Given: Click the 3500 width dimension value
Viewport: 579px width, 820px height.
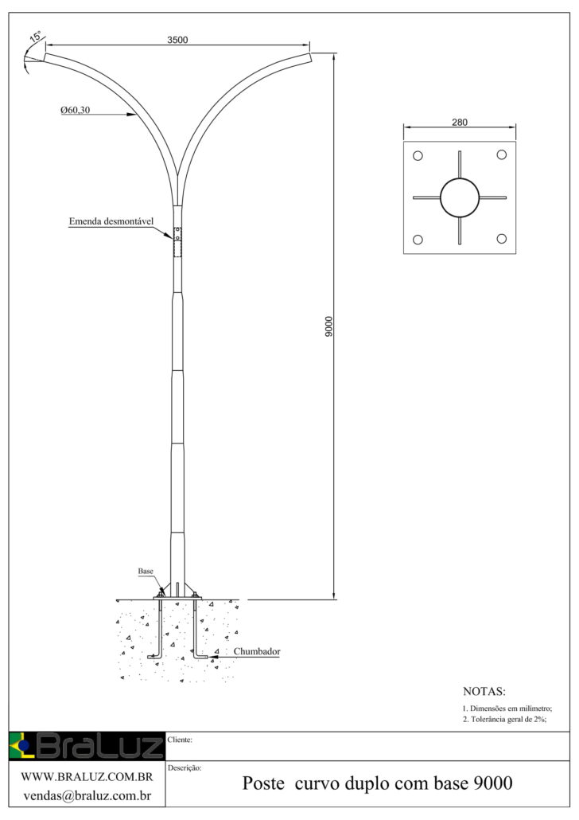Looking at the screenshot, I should click(x=177, y=40).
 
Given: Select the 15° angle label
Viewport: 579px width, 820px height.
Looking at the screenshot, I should click(x=36, y=36).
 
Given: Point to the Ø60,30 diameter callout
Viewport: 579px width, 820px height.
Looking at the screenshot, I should click(x=75, y=111).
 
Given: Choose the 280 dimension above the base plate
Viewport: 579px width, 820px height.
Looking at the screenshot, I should click(x=459, y=123).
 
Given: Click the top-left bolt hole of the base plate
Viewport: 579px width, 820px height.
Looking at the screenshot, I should click(x=418, y=155).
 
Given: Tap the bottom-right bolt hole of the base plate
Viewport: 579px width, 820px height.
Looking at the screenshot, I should click(x=501, y=239).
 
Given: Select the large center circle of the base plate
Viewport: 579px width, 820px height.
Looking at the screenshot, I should click(x=460, y=197).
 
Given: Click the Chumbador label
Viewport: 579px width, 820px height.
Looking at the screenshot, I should click(x=257, y=651).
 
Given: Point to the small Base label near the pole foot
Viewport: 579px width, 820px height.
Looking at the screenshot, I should click(x=146, y=572).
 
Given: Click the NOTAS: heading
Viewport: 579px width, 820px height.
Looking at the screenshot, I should click(x=484, y=691).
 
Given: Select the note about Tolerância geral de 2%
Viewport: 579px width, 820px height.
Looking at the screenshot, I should click(x=505, y=719).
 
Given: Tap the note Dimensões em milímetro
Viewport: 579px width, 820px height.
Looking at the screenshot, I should click(x=507, y=708).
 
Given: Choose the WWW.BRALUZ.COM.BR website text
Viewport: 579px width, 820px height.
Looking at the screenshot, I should click(x=87, y=776).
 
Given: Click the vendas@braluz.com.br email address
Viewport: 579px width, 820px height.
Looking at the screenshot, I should click(x=87, y=795).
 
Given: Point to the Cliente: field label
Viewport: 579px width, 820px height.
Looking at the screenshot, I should click(x=181, y=740).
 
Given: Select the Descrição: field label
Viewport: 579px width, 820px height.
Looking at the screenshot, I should click(x=185, y=768).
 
